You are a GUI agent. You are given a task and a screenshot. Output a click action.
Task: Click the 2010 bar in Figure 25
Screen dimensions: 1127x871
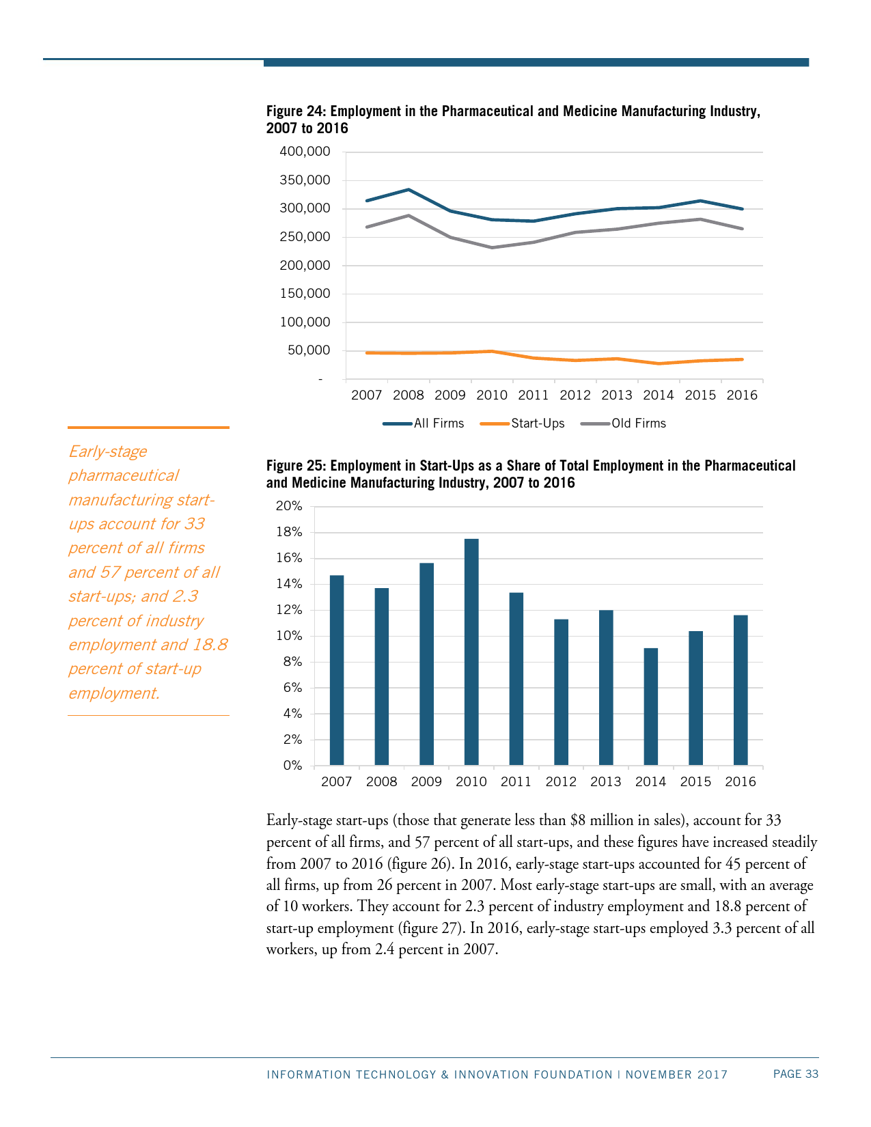(471, 652)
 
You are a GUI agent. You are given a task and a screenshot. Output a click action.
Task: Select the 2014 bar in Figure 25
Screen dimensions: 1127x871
(651, 706)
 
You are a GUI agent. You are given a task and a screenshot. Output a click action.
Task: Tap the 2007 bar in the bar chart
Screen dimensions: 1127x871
(337, 670)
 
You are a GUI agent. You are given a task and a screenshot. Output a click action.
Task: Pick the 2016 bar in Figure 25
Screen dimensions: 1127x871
(741, 690)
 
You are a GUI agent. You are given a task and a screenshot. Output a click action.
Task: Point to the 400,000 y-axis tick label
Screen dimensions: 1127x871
(305, 152)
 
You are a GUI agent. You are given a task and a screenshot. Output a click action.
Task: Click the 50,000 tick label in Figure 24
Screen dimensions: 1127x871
(309, 350)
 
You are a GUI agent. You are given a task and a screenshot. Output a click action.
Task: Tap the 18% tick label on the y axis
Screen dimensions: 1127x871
(288, 532)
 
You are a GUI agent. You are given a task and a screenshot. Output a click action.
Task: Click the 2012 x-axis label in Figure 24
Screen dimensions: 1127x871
(575, 395)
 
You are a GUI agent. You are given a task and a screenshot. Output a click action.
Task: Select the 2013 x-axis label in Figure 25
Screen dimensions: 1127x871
(606, 782)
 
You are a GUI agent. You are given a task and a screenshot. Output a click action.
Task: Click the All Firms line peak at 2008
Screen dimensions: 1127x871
(409, 189)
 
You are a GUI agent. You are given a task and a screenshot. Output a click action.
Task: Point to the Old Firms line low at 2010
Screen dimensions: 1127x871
(492, 247)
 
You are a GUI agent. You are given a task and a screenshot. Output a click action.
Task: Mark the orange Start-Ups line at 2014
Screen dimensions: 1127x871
(659, 363)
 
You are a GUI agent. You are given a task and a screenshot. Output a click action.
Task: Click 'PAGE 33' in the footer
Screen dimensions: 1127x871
(795, 1074)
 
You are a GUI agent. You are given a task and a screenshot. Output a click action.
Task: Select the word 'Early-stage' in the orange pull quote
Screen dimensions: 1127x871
(108, 451)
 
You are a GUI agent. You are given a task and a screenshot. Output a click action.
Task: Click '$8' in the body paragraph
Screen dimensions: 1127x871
(578, 820)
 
